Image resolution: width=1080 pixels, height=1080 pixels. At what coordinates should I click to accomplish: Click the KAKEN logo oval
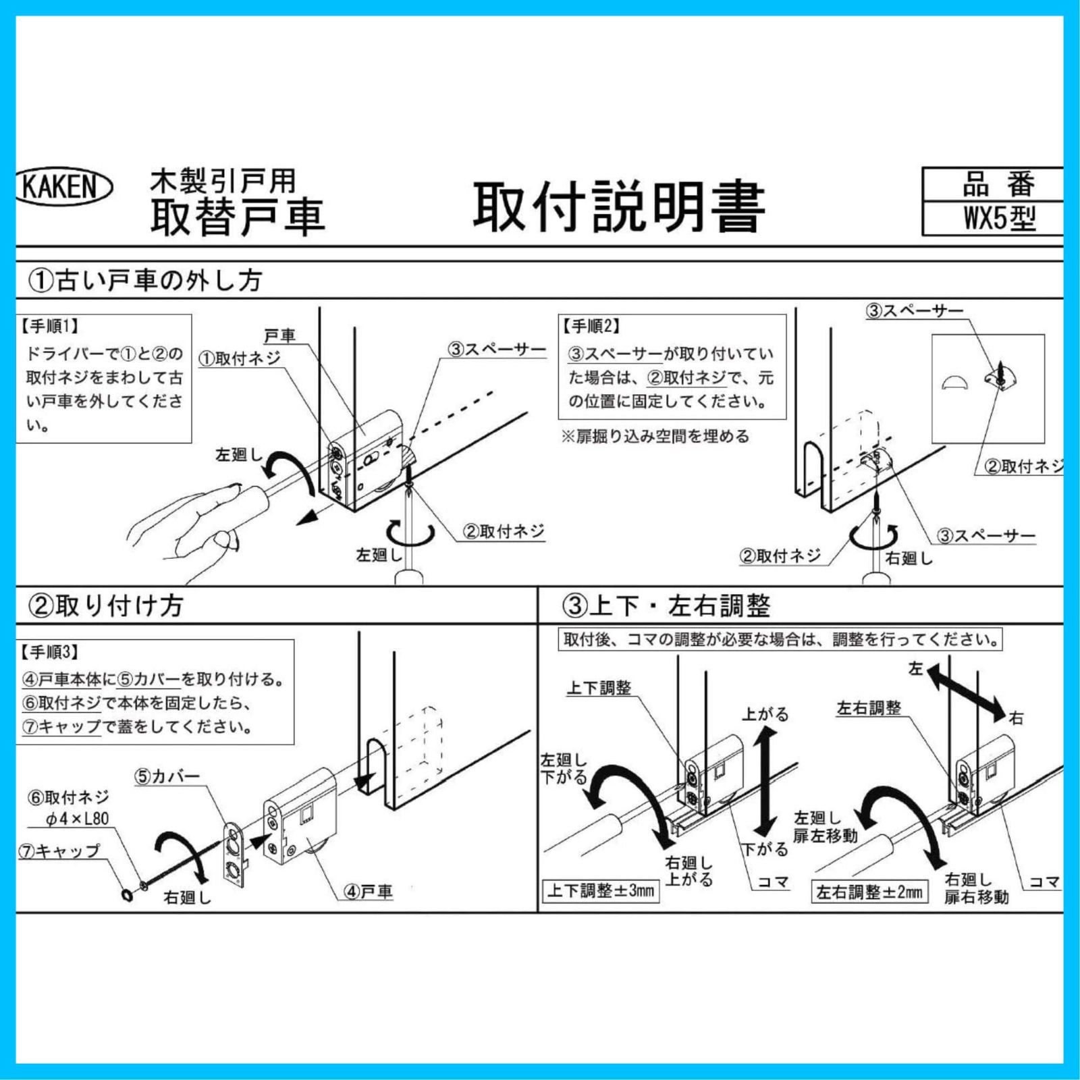pos(64,186)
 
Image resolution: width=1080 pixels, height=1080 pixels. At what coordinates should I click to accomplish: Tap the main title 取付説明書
pos(618,207)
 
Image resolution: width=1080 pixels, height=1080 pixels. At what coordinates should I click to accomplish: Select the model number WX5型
pos(998,219)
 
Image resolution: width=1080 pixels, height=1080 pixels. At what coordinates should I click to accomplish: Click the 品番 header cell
pos(998,184)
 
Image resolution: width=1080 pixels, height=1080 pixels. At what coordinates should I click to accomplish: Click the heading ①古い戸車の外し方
pos(144,280)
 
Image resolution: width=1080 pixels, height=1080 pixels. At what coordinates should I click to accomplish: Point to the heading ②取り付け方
pos(105,605)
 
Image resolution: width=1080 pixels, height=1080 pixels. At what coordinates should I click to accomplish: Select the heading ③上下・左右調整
pos(666,605)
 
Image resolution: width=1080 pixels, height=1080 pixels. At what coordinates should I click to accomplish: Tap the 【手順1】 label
pos(50,327)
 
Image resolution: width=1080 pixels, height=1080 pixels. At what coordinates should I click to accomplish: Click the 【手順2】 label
pos(591,327)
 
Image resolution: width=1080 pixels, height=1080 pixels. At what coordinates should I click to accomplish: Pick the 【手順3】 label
pos(50,652)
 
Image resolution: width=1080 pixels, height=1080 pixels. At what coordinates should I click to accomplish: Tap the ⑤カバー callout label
pos(167,776)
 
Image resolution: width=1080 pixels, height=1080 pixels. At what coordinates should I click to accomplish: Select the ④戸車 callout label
pos(368,892)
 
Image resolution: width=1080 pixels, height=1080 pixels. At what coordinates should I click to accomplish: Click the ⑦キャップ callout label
pos(59,851)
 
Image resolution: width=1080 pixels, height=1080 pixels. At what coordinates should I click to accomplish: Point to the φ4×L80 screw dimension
pos(77,819)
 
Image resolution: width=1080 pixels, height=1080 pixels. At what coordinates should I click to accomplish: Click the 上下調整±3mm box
pos(601,891)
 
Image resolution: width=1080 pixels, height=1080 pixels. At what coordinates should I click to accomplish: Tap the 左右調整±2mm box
pos(869,892)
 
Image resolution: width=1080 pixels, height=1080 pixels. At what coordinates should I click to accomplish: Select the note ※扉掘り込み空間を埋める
pos(655,436)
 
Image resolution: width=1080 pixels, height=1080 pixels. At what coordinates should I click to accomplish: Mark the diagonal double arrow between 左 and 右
pos(966,693)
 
